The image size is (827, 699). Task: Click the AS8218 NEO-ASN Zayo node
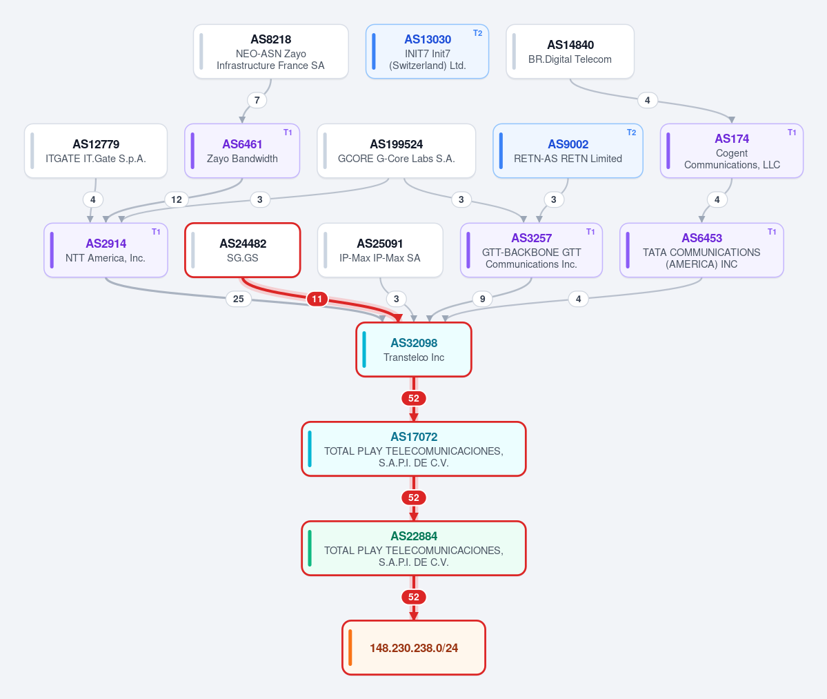click(270, 52)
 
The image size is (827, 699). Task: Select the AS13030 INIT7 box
click(427, 52)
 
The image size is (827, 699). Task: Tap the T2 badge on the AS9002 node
click(631, 132)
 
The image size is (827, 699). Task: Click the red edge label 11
click(317, 299)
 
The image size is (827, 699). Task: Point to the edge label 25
click(239, 299)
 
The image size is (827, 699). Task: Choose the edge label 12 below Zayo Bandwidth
click(176, 199)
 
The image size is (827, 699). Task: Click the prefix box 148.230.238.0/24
click(414, 648)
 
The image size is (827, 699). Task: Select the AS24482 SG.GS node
click(243, 250)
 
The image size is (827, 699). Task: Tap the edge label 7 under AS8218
click(257, 100)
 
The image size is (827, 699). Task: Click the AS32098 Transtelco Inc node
click(414, 350)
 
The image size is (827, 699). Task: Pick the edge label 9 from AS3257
click(483, 299)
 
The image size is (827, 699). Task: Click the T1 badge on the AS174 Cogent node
click(792, 132)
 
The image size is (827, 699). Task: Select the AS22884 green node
click(414, 548)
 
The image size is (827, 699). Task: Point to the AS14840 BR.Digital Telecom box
click(570, 52)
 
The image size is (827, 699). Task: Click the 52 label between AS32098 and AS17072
click(414, 398)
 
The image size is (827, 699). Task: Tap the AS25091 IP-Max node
click(380, 250)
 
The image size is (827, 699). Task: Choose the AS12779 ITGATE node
click(96, 151)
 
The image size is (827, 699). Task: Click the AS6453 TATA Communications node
click(701, 250)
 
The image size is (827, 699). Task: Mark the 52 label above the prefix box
click(414, 597)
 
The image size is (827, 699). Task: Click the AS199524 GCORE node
click(396, 151)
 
